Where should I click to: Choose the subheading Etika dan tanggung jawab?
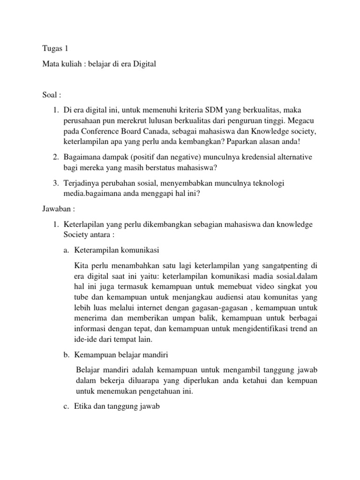pyautogui.click(x=117, y=407)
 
